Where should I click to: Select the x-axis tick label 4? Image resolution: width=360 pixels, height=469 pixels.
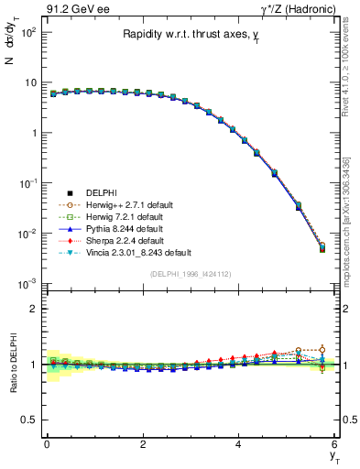tap(238, 444)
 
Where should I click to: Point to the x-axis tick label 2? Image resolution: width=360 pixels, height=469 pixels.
tap(142, 444)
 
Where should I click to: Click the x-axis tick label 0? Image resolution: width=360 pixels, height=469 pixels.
tap(47, 444)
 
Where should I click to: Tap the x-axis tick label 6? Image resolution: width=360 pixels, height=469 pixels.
tap(334, 444)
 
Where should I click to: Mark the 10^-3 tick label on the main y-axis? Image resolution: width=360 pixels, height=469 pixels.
tap(27, 284)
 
